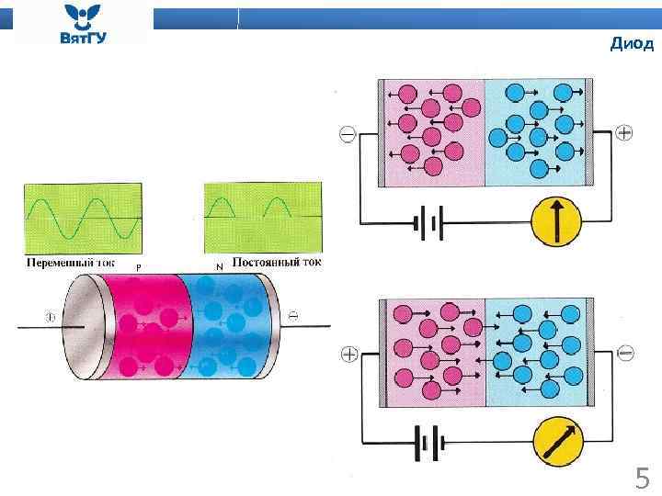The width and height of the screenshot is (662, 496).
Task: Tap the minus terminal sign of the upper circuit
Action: (348, 135)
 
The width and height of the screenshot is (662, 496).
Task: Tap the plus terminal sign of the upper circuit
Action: (624, 133)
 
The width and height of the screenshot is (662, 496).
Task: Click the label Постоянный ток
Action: (277, 263)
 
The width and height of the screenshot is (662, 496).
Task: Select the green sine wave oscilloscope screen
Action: (83, 217)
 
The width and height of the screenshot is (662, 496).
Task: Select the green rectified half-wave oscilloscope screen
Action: (263, 217)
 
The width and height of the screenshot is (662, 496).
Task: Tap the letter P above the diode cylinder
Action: (138, 266)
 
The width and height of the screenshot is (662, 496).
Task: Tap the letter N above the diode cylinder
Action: (219, 266)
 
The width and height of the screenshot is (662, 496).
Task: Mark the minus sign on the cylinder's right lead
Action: (292, 316)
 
